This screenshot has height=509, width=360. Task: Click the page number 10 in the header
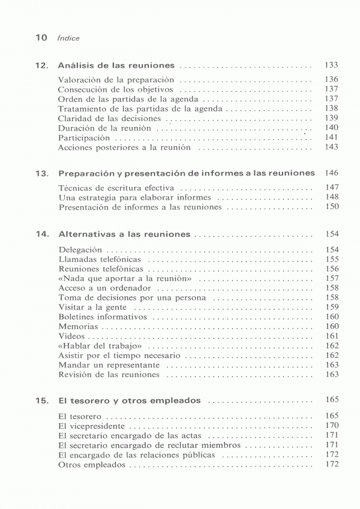pyautogui.click(x=41, y=38)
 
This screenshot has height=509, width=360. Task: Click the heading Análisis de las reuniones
pyautogui.click(x=116, y=65)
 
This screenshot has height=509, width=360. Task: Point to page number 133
pyautogui.click(x=331, y=65)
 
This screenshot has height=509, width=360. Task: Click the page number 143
pyautogui.click(x=331, y=147)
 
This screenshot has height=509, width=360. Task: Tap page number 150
pyautogui.click(x=332, y=207)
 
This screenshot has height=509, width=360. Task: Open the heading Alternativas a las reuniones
pyautogui.click(x=124, y=234)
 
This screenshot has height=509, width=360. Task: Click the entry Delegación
pyautogui.click(x=80, y=249)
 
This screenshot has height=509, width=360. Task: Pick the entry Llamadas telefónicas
pyautogui.click(x=100, y=260)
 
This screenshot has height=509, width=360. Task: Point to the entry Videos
pyautogui.click(x=73, y=336)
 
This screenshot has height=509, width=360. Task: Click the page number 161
pyautogui.click(x=332, y=336)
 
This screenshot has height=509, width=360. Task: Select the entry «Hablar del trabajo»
pyautogui.click(x=100, y=346)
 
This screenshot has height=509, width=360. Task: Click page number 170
pyautogui.click(x=332, y=426)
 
